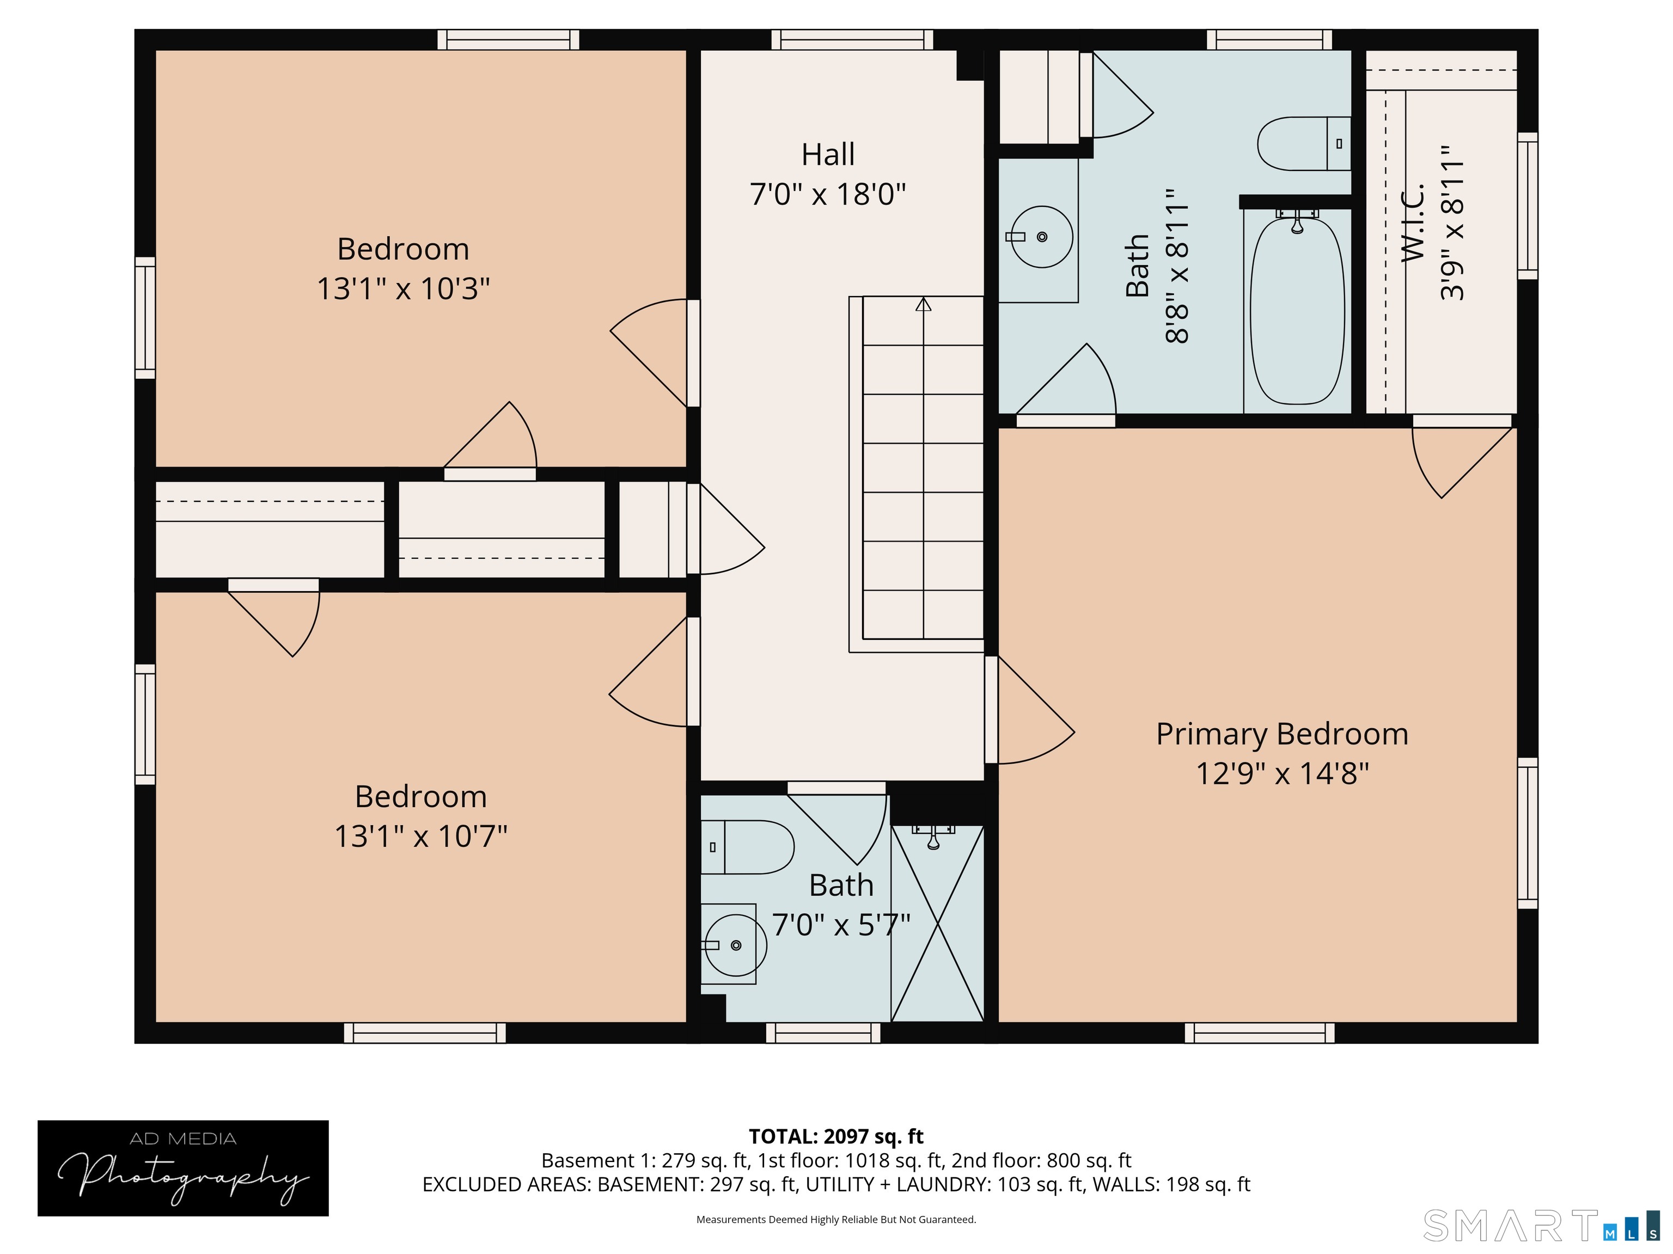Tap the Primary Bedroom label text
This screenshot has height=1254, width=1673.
click(x=1281, y=734)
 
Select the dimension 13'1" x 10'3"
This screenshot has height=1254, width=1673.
click(x=402, y=289)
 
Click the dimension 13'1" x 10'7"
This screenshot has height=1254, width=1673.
click(x=420, y=836)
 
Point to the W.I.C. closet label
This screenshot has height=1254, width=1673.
click(x=1413, y=223)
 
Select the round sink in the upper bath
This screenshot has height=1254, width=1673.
click(x=1041, y=237)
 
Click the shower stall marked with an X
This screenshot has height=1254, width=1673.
click(x=937, y=924)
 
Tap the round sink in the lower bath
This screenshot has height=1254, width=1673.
click(x=735, y=945)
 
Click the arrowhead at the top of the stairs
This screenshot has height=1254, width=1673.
click(x=923, y=305)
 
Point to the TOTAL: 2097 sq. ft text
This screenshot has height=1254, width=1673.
click(x=836, y=1136)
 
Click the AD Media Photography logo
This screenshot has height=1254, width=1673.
click(x=183, y=1168)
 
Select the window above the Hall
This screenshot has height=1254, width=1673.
click(x=852, y=39)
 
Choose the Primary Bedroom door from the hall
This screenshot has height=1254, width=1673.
click(x=1029, y=710)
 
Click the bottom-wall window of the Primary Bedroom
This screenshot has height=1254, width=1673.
click(x=1259, y=1032)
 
